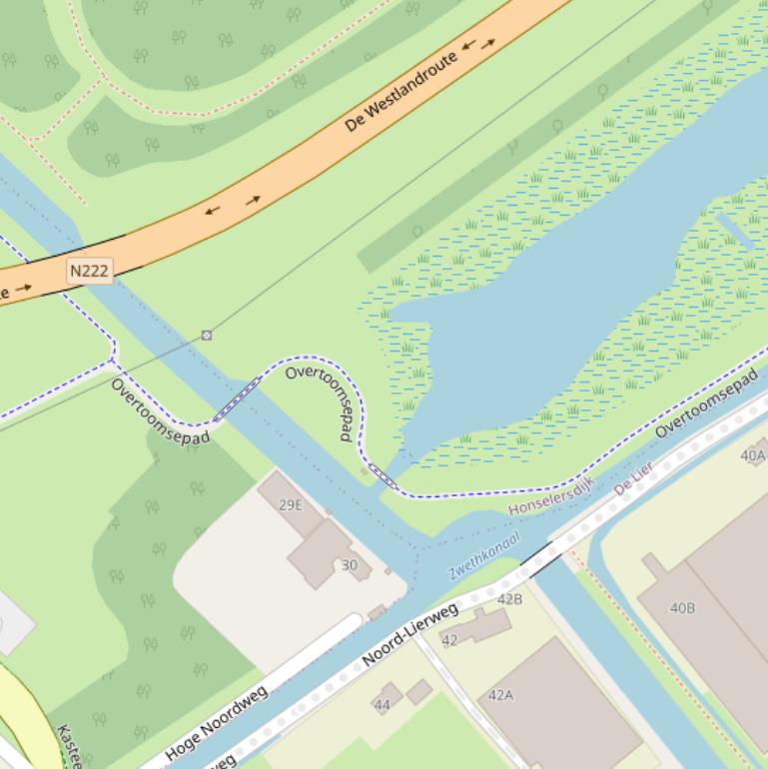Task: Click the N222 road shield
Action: click(x=90, y=270)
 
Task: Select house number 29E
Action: click(x=290, y=504)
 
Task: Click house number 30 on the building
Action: click(x=349, y=565)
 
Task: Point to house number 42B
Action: click(x=509, y=599)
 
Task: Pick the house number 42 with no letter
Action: click(x=449, y=640)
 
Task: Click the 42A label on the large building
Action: click(x=500, y=695)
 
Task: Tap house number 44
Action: click(x=382, y=705)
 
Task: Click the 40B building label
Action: click(x=682, y=607)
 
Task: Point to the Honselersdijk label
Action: click(x=551, y=496)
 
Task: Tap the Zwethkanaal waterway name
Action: click(x=484, y=556)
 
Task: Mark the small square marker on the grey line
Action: click(x=207, y=336)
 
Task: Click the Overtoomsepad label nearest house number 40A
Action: click(x=707, y=402)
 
